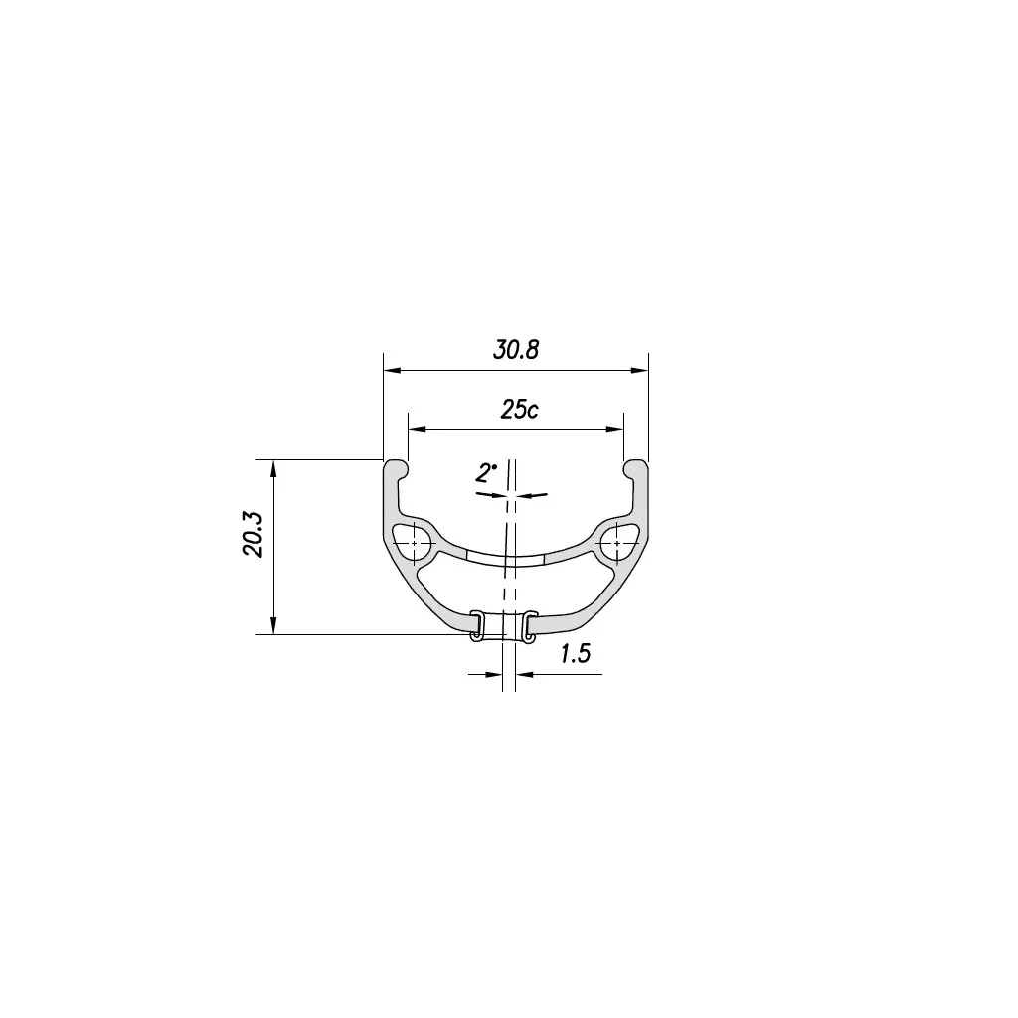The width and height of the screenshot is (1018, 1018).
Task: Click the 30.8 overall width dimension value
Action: [516, 350]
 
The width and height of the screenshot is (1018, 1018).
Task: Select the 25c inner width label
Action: [518, 410]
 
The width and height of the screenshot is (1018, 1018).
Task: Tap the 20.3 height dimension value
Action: [253, 534]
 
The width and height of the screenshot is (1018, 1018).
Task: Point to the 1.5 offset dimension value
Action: [575, 653]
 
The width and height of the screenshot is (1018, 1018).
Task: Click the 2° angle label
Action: [486, 473]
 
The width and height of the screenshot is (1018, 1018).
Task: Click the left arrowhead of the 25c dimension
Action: [417, 429]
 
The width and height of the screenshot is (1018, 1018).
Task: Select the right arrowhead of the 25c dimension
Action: [616, 429]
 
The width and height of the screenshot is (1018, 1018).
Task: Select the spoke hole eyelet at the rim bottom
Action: [503, 626]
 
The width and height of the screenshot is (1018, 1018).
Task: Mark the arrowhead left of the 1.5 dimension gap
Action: [495, 675]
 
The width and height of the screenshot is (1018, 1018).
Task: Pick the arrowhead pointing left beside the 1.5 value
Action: [526, 675]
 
